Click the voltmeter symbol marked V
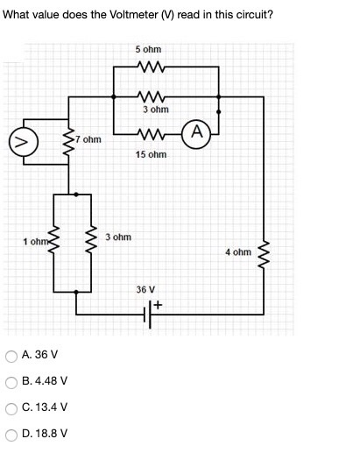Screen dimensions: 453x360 19,140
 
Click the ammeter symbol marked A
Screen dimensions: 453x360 198,133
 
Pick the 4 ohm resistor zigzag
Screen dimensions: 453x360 262,252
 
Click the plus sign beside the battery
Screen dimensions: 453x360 160,305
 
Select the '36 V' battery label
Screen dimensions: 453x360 145,288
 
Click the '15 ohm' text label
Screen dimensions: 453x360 152,154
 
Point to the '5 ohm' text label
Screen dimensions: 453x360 148,49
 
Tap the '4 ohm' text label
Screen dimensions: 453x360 237,252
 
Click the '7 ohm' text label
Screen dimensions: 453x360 88,139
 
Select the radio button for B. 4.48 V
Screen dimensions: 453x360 11,381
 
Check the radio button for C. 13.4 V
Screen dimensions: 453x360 11,407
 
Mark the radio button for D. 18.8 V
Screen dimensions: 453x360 11,434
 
